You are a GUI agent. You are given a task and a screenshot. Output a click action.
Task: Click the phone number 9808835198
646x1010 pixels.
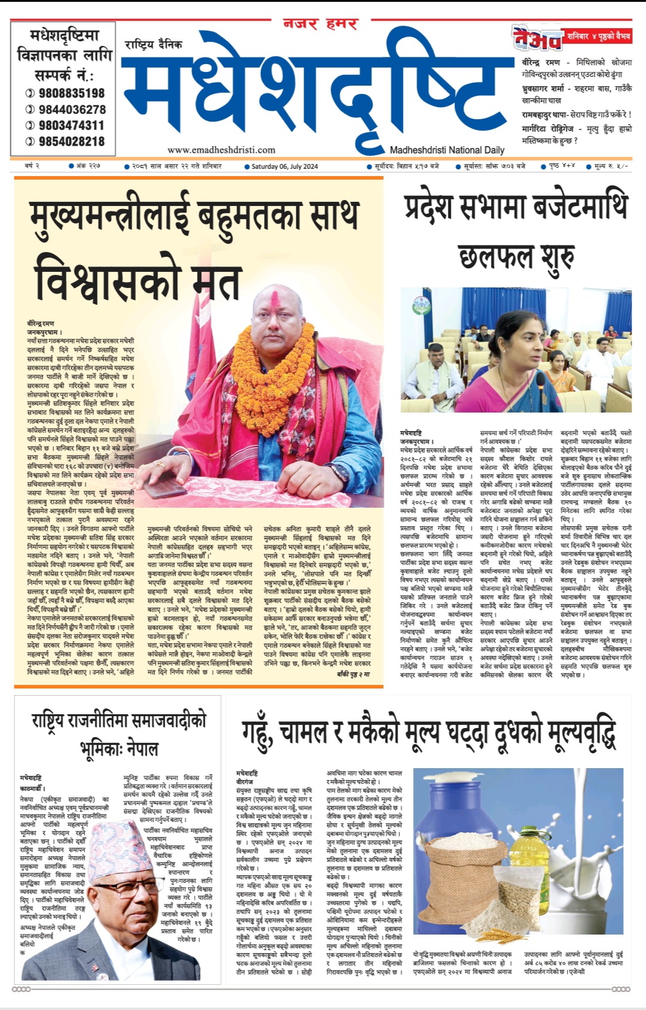pyautogui.click(x=71, y=93)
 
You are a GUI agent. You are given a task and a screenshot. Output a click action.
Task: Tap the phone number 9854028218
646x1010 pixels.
pyautogui.click(x=71, y=142)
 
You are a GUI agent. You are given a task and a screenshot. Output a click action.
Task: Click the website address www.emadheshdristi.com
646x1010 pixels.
pyautogui.click(x=222, y=150)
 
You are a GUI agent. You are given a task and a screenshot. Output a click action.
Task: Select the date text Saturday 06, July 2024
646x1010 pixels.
pyautogui.click(x=284, y=166)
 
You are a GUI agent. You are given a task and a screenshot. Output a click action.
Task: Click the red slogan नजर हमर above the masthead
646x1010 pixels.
pyautogui.click(x=320, y=25)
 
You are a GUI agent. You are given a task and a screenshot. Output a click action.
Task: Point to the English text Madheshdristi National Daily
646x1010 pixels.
pyautogui.click(x=447, y=150)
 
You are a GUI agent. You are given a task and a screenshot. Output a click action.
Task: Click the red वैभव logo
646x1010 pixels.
pyautogui.click(x=536, y=38)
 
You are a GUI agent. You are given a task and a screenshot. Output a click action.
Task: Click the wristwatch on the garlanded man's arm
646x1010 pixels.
pyautogui.click(x=340, y=472)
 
